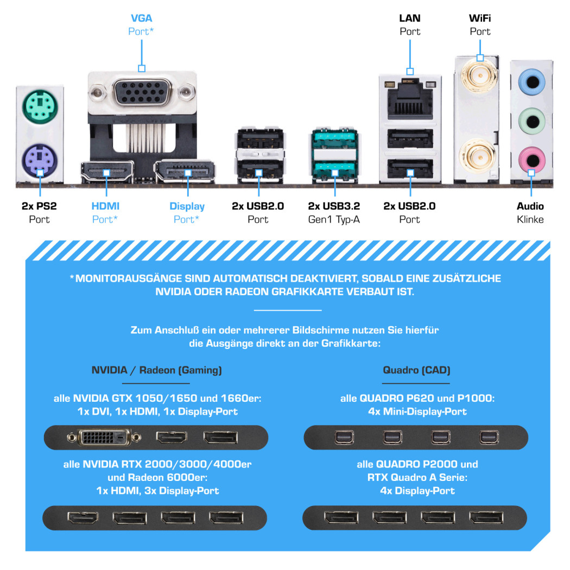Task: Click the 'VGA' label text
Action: pos(141,18)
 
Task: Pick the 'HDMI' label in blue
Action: pos(105,206)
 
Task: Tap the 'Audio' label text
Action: pos(530,206)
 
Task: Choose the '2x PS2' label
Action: pos(39,206)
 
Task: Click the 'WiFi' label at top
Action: pos(480,18)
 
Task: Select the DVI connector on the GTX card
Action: pos(104,437)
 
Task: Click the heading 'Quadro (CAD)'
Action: pos(416,370)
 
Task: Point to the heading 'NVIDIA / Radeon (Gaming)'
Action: pos(156,370)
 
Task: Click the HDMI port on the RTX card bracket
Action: pos(83,517)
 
